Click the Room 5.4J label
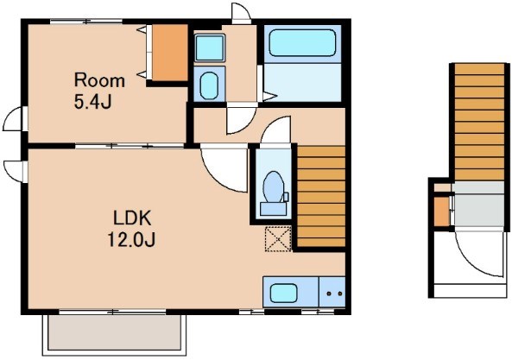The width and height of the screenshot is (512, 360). pyautogui.click(x=99, y=91)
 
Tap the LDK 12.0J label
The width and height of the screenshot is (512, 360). pyautogui.click(x=131, y=229)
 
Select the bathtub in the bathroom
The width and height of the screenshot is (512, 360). pyautogui.click(x=302, y=43)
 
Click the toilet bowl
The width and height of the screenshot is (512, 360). pyautogui.click(x=274, y=187)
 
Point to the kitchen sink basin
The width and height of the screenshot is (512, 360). pyautogui.click(x=284, y=293)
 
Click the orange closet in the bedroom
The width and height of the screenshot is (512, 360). pyautogui.click(x=170, y=53)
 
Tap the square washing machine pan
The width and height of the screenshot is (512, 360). pyautogui.click(x=209, y=48)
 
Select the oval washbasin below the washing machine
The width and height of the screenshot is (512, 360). pyautogui.click(x=209, y=85)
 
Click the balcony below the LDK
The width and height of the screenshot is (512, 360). pyautogui.click(x=114, y=333)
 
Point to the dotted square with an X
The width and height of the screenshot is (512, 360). pyautogui.click(x=278, y=238)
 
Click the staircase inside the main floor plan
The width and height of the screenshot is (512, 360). pyautogui.click(x=321, y=196)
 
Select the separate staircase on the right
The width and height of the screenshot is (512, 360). pyautogui.click(x=479, y=122)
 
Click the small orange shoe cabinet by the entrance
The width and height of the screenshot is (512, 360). pyautogui.click(x=441, y=212)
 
